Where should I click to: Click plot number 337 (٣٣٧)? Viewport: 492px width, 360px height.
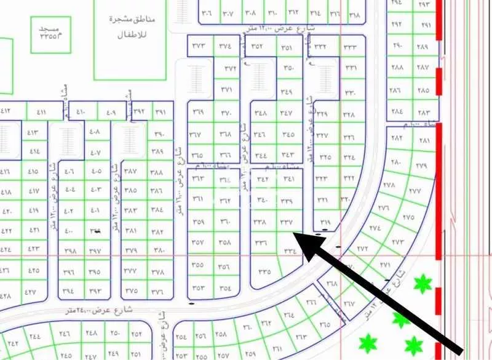(287, 222)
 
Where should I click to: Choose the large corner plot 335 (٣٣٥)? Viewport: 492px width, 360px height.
(265, 271)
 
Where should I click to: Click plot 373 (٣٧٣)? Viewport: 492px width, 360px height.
(199, 45)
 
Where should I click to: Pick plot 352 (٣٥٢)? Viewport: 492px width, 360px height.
(258, 46)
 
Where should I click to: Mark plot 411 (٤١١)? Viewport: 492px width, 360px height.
(42, 112)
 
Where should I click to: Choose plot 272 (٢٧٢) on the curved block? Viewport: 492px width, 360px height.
(362, 249)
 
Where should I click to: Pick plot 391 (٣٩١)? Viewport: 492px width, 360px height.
(161, 112)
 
